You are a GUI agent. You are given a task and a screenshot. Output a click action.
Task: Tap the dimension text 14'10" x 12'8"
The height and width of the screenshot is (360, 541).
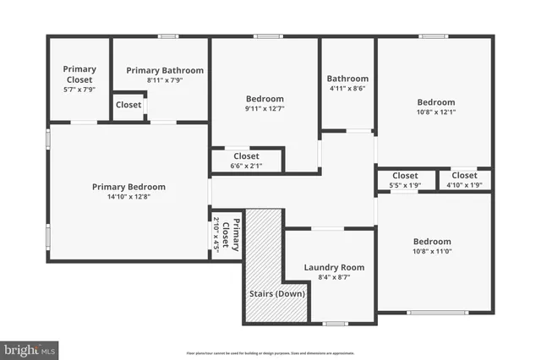click(x=128, y=197)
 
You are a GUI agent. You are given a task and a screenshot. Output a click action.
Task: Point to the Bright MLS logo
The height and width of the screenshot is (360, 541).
click(x=30, y=348)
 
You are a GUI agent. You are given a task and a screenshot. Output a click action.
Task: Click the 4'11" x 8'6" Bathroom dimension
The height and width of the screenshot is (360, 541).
click(x=347, y=89)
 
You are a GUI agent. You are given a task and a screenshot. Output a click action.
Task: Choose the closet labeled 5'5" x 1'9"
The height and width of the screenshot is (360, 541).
click(x=405, y=180)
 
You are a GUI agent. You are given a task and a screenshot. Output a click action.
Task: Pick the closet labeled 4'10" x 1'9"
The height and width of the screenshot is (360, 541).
click(x=464, y=180)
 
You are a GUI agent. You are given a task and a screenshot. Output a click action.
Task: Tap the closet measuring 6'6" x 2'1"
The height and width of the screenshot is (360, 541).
click(x=246, y=161)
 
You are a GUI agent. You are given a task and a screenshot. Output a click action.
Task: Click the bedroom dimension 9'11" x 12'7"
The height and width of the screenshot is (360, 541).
click(x=265, y=108)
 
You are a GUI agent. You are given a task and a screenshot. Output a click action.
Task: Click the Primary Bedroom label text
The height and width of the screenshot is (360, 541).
click(x=128, y=187)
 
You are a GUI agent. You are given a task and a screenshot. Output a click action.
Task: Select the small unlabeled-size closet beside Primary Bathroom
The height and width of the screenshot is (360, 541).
click(x=128, y=106)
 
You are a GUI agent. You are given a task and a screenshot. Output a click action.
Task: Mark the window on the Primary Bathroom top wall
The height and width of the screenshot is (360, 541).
click(x=168, y=36)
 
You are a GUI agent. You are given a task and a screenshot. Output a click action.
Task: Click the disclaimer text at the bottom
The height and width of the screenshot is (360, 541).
click(x=270, y=352)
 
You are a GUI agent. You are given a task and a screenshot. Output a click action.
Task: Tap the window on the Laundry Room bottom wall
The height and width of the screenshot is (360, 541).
click(x=336, y=324)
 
